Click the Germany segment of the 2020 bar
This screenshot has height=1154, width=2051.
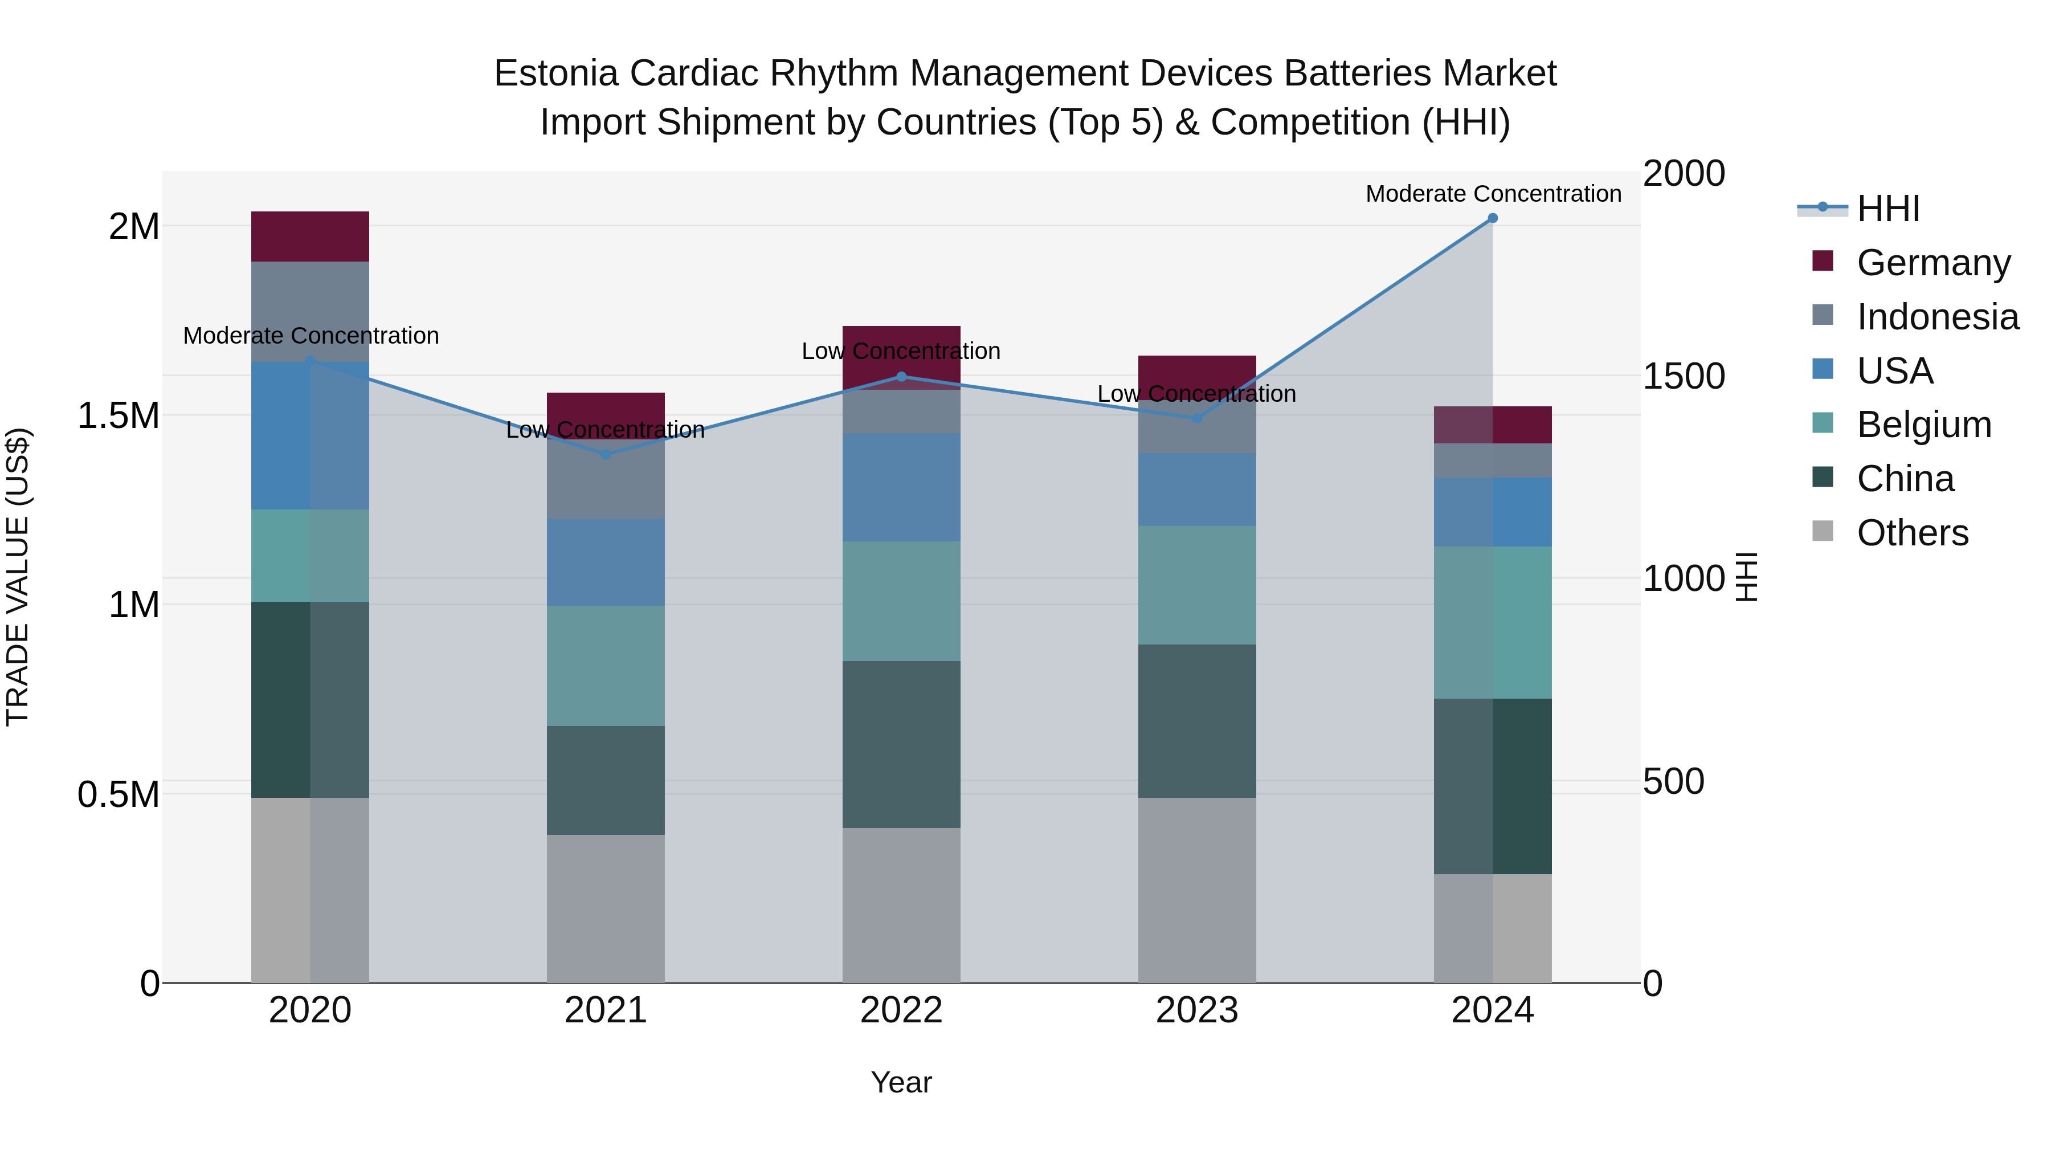[310, 236]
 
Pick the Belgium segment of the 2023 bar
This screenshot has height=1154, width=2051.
[1196, 585]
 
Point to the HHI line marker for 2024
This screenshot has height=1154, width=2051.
[1493, 218]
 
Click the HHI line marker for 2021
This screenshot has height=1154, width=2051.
[605, 455]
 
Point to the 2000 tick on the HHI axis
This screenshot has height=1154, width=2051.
[1683, 174]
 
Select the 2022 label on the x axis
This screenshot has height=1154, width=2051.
[901, 1010]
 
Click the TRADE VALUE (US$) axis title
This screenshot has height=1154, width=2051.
[18, 577]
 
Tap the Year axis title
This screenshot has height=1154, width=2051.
[901, 1082]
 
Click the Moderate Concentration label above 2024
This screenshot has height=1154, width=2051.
[1493, 194]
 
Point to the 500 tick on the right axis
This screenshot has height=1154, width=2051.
[1673, 781]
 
